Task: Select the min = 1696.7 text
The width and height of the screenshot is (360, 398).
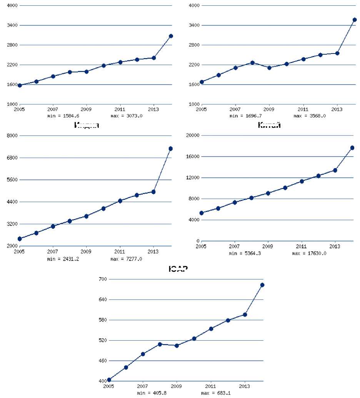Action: click(245, 115)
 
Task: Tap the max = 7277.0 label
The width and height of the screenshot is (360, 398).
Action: click(126, 259)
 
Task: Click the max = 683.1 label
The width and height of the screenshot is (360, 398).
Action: click(216, 393)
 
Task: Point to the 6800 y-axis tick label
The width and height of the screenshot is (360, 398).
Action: click(10, 158)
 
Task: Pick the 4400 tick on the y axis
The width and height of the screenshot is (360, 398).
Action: click(10, 202)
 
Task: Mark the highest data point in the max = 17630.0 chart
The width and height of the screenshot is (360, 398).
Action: click(352, 148)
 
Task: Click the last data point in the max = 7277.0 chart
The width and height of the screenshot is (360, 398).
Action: click(170, 149)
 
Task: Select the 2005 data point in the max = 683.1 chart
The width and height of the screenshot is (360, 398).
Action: click(109, 380)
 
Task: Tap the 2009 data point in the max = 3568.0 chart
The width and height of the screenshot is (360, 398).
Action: click(269, 68)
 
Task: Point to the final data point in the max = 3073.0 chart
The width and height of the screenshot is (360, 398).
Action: click(170, 36)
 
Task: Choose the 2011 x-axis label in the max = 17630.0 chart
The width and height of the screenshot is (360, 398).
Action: click(301, 246)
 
